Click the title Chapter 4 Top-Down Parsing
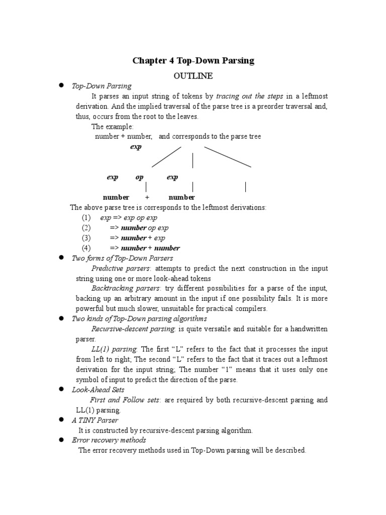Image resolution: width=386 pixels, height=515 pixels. click(x=193, y=61)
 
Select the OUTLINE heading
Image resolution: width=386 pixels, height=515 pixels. click(x=193, y=76)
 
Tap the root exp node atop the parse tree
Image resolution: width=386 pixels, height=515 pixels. click(x=136, y=147)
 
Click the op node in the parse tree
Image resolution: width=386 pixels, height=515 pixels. click(x=139, y=178)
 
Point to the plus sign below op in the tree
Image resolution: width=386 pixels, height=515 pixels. click(x=147, y=198)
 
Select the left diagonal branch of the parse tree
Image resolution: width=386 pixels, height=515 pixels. click(x=166, y=156)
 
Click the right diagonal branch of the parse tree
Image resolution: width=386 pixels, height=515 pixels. click(x=227, y=156)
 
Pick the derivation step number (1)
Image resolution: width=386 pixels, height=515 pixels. click(x=86, y=218)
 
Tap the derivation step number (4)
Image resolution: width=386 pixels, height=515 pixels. click(x=86, y=248)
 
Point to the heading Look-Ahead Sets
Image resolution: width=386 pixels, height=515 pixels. click(x=99, y=390)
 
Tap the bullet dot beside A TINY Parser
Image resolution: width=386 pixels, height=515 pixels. click(x=61, y=419)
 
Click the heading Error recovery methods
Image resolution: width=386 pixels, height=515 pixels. click(x=109, y=440)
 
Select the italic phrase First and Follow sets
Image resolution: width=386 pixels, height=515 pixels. click(x=125, y=400)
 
